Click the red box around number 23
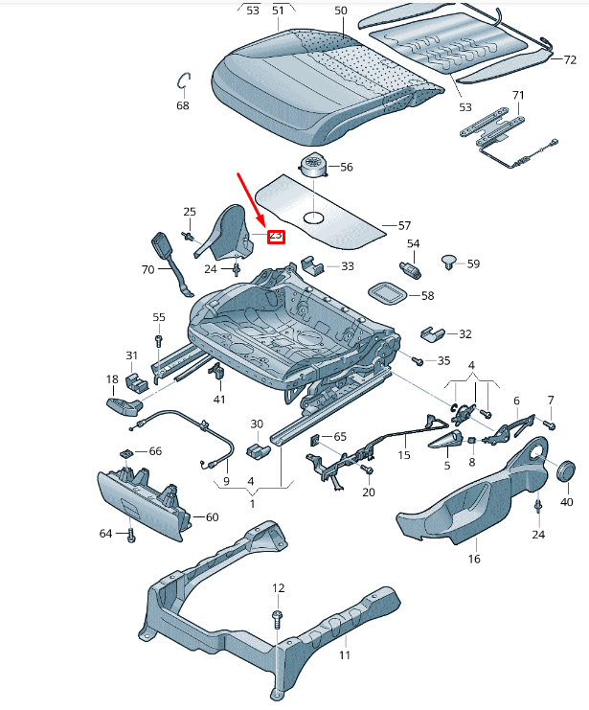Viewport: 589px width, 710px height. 276,235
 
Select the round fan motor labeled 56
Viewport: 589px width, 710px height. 313,167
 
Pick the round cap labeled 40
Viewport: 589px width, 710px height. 565,470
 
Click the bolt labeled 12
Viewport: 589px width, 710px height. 278,618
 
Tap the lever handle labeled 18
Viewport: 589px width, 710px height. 123,407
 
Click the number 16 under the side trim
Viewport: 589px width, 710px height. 474,559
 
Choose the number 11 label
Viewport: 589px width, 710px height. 345,655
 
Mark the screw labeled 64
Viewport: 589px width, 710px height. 131,534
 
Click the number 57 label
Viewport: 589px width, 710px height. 403,226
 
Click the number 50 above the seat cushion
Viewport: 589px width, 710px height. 341,11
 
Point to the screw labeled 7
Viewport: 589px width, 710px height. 550,424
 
